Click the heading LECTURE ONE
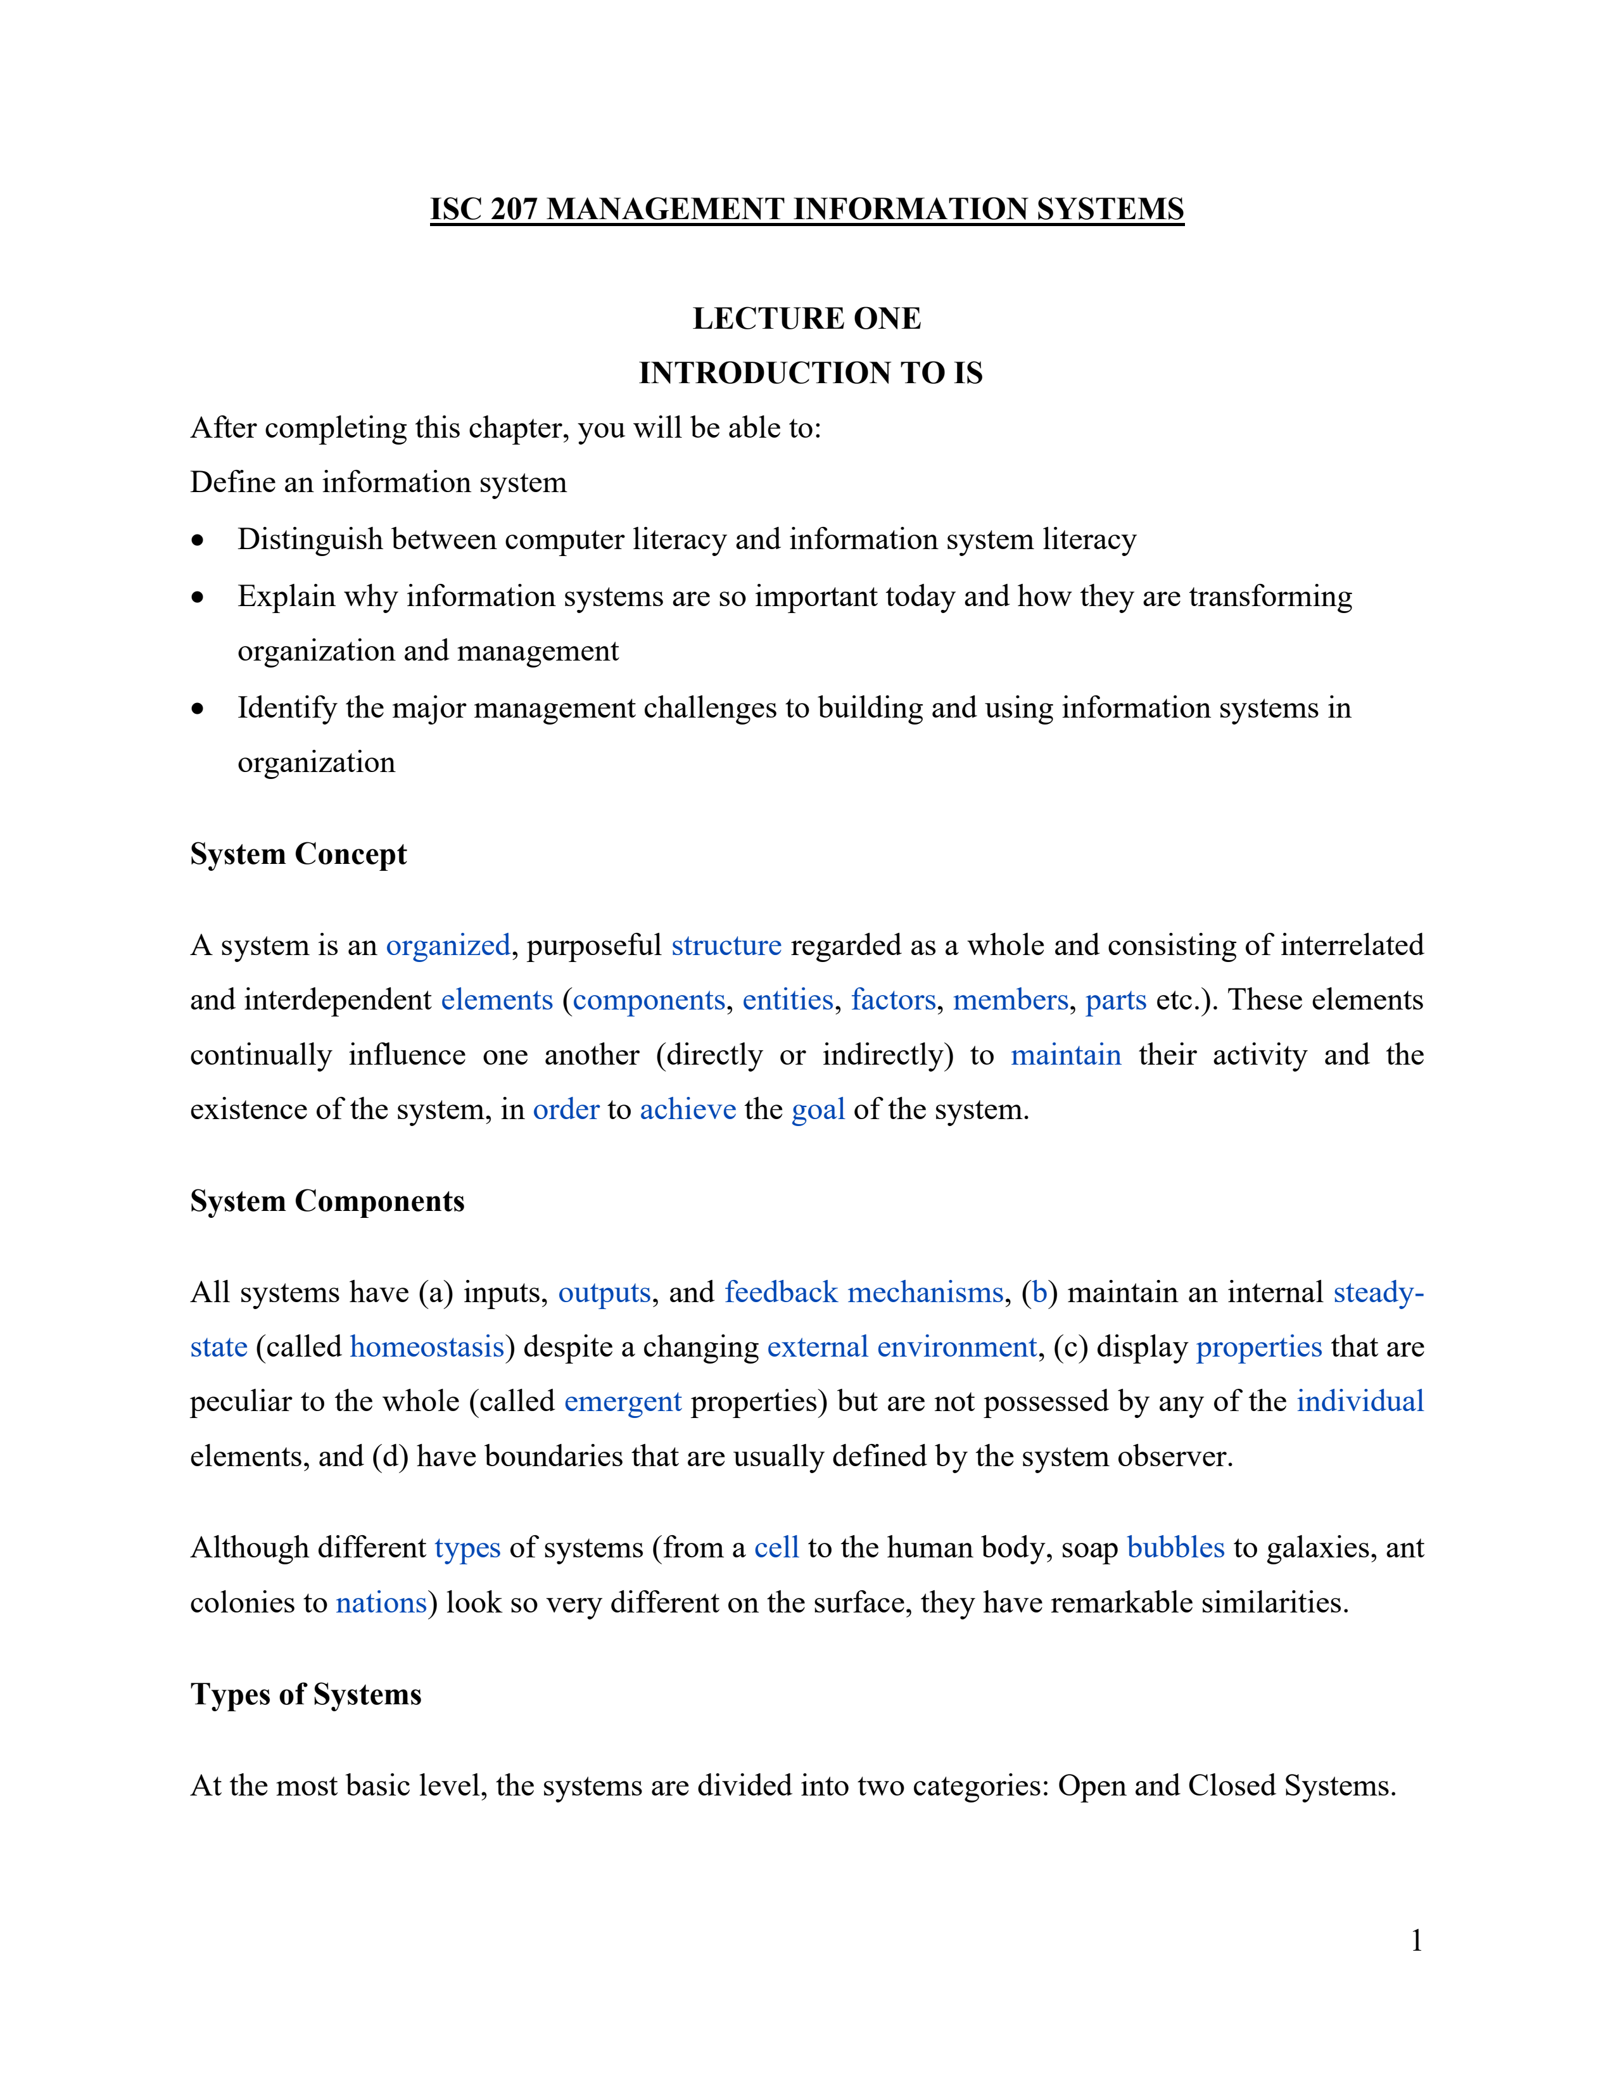[806, 319]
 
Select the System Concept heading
[298, 854]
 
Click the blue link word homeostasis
[427, 1346]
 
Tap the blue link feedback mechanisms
[864, 1292]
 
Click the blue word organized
[448, 946]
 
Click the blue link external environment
[901, 1346]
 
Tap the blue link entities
[787, 1000]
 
